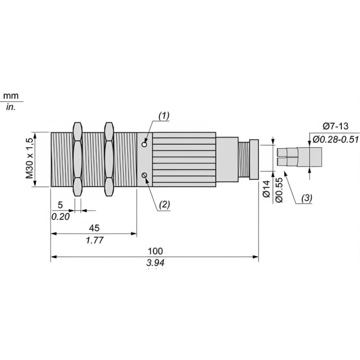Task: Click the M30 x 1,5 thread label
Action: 30,158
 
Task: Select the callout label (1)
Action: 164,116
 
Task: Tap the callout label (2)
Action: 164,204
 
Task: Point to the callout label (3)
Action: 307,198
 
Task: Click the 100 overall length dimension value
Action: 155,251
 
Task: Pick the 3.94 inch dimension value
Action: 155,262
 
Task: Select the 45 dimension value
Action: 94,228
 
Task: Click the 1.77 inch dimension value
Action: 94,240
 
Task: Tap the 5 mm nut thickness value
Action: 60,205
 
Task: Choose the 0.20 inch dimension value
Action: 60,217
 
